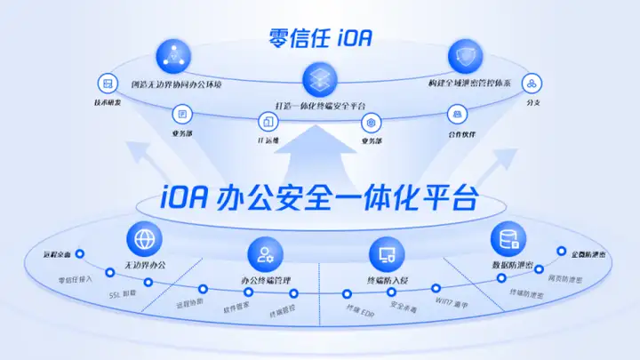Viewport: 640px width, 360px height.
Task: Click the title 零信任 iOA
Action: [x=320, y=38]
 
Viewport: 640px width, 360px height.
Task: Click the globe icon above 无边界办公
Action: [x=145, y=237]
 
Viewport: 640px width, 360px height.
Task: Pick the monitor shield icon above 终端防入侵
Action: [x=387, y=256]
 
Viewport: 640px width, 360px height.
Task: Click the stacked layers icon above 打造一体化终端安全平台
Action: [x=319, y=80]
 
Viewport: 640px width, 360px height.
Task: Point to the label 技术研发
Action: [x=108, y=103]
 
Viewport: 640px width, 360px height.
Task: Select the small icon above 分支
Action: [x=531, y=84]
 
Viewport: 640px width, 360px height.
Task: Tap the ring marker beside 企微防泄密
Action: [x=561, y=252]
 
